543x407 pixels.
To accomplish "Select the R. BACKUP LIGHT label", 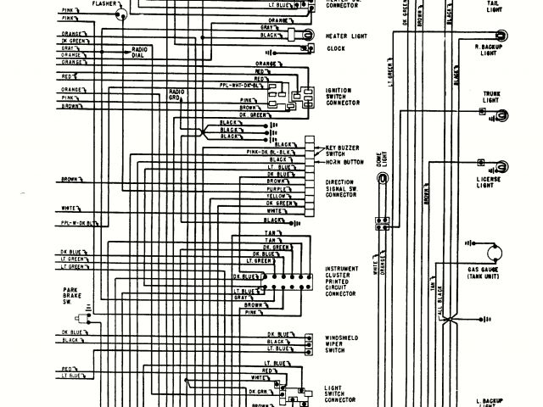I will tap(488, 50).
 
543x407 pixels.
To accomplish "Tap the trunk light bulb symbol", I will tap(503, 114).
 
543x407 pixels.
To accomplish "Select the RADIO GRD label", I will tap(176, 93).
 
